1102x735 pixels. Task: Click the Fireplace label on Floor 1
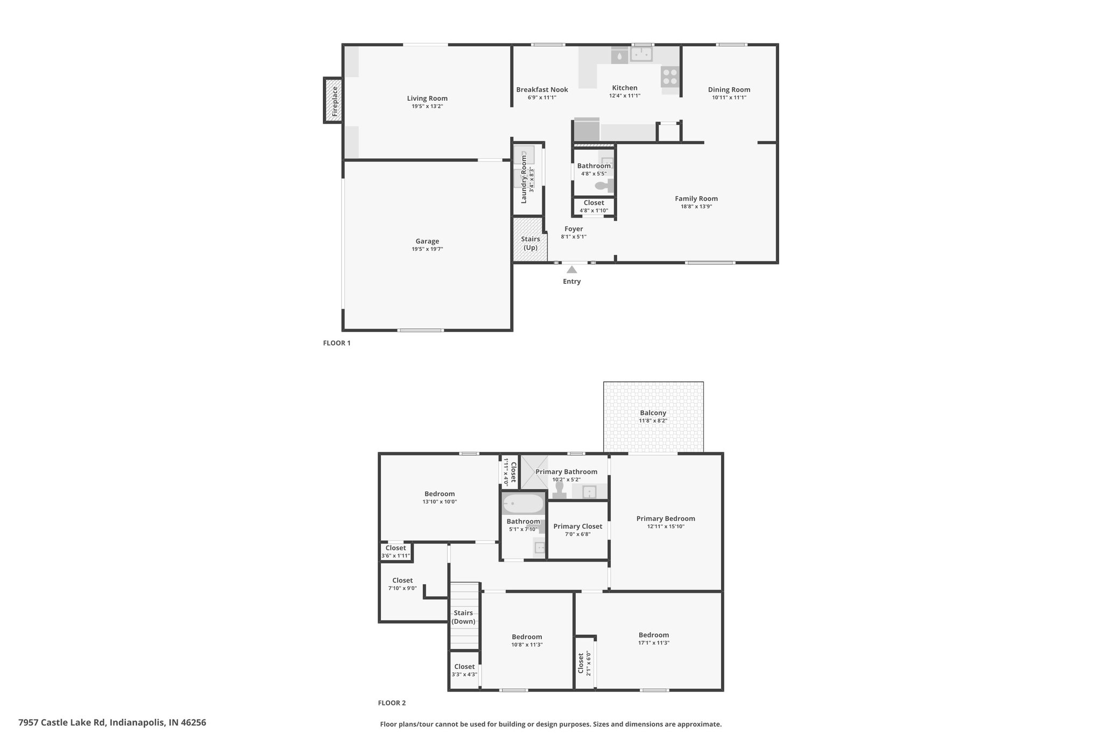click(x=335, y=101)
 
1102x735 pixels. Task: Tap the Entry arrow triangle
click(x=571, y=270)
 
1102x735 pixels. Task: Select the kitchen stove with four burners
click(x=670, y=76)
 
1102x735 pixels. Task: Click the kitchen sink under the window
click(x=641, y=54)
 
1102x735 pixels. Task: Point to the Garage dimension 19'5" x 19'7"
click(x=427, y=249)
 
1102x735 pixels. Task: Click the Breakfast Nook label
click(x=542, y=90)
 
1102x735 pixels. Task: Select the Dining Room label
click(x=729, y=90)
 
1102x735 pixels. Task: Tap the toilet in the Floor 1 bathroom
click(x=604, y=186)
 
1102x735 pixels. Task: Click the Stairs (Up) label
click(x=531, y=243)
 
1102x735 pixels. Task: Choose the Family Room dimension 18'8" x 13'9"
click(x=696, y=206)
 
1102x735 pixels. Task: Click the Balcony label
click(x=653, y=413)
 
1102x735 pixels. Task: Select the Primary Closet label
click(x=578, y=527)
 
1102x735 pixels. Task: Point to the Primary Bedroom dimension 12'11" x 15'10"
click(x=666, y=527)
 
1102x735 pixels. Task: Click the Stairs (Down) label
click(x=463, y=617)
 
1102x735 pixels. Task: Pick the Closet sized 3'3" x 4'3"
click(x=464, y=670)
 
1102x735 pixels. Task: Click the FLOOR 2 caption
click(x=392, y=703)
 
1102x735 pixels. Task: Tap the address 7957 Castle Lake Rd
click(x=62, y=723)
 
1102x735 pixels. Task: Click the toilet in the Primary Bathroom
click(x=559, y=491)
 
